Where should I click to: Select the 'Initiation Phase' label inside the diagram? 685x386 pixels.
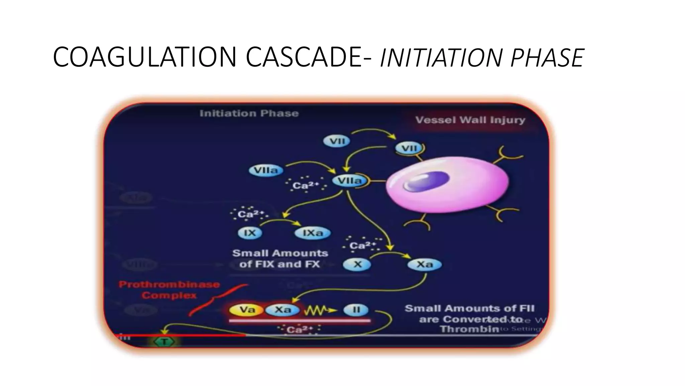click(x=249, y=113)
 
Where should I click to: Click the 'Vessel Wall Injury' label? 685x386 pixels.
click(x=470, y=120)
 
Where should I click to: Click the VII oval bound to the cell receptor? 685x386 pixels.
click(x=409, y=148)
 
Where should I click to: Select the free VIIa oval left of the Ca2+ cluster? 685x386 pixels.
click(x=266, y=170)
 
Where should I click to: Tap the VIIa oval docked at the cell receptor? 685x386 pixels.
click(x=349, y=181)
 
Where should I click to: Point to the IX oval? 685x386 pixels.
click(x=250, y=233)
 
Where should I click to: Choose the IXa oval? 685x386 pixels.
click(x=312, y=233)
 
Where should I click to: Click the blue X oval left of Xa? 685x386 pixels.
click(x=357, y=264)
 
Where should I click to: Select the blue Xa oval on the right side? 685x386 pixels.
click(x=424, y=264)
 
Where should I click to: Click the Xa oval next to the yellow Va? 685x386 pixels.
click(x=283, y=310)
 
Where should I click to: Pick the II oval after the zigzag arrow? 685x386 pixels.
click(x=356, y=310)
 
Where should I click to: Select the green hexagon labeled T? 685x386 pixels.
click(x=164, y=342)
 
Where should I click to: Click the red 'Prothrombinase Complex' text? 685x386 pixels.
click(x=169, y=290)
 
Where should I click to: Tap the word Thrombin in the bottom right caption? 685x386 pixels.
click(x=468, y=329)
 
